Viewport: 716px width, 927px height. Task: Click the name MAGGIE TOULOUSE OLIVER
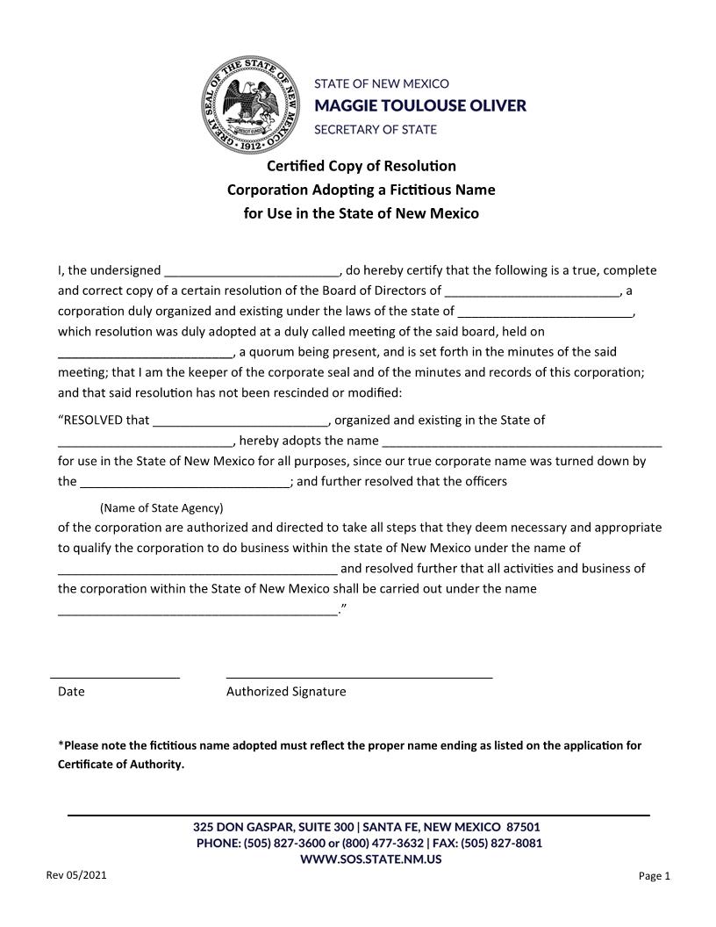[x=420, y=106]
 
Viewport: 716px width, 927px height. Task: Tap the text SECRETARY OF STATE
[x=376, y=129]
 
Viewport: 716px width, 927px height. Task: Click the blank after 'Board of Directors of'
[x=533, y=291]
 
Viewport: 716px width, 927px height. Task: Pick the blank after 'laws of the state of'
[x=545, y=312]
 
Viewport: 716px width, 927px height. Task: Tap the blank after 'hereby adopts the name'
[x=522, y=442]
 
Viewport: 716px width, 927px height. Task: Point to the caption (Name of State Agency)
[x=161, y=508]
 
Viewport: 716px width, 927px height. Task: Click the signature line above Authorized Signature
[x=359, y=677]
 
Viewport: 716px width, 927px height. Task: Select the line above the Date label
[x=115, y=677]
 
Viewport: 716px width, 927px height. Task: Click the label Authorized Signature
[x=286, y=692]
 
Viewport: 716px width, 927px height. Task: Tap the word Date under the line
[x=71, y=692]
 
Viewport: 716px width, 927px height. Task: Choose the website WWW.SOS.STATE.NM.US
[x=370, y=859]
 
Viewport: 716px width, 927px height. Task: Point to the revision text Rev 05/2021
[x=76, y=875]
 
